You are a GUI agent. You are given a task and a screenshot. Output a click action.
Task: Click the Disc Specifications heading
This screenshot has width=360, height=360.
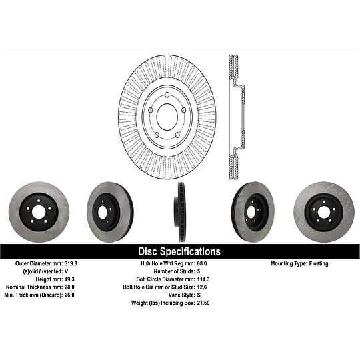click(179, 252)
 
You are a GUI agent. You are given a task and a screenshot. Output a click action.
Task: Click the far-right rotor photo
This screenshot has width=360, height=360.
click(327, 212)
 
